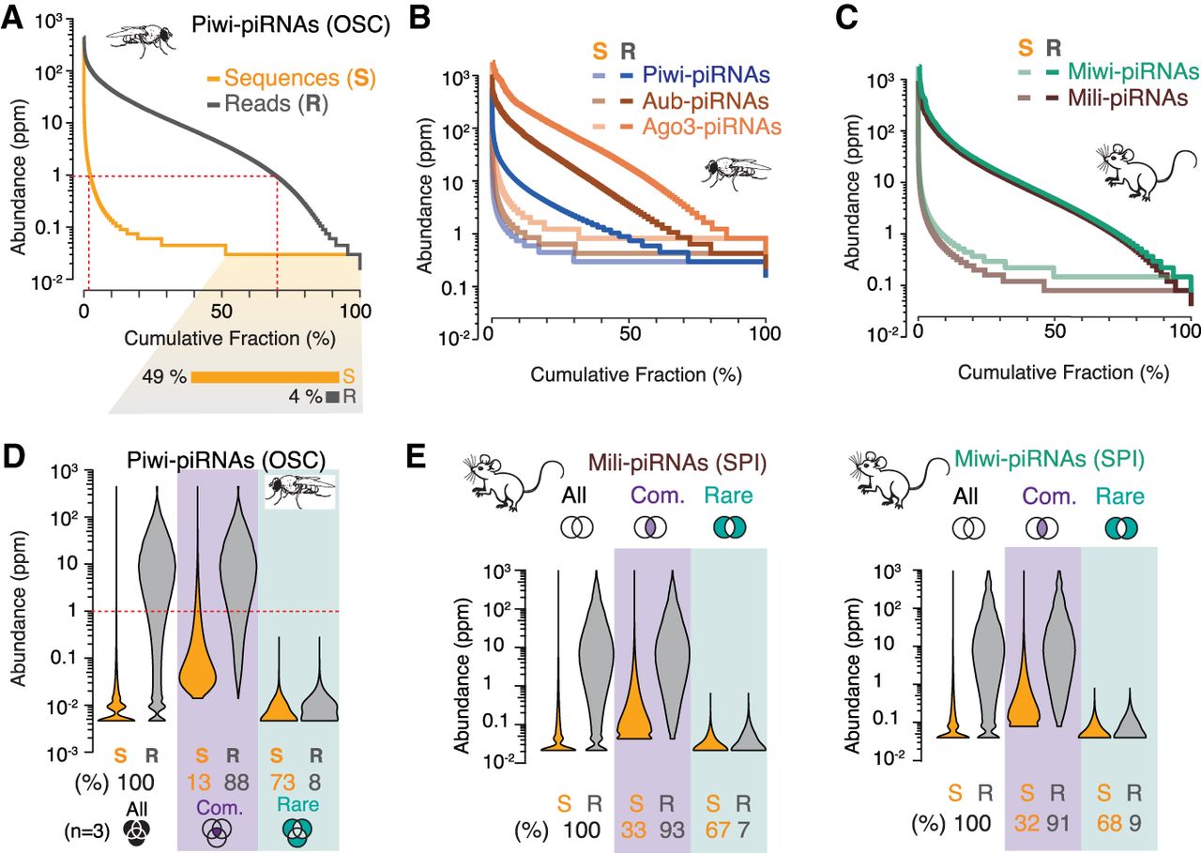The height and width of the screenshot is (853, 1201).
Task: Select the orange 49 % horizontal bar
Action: pos(265,376)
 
